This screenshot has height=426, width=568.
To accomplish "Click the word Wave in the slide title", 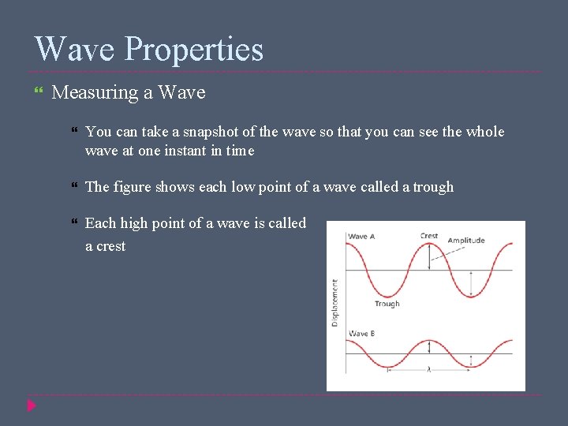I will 75,49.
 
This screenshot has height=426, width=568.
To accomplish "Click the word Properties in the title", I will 194,50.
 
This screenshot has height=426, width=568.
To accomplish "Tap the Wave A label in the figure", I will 362,237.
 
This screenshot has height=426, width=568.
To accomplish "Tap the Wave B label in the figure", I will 362,334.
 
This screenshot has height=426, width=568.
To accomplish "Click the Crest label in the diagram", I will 429,236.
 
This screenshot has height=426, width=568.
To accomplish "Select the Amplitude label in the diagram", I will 466,241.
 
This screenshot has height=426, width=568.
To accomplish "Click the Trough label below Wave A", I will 387,304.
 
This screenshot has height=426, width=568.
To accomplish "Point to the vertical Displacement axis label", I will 335,302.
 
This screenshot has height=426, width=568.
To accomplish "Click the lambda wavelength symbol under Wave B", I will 429,369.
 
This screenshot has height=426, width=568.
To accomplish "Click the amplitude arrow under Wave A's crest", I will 429,257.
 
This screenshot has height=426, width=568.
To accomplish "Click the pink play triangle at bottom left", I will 31,405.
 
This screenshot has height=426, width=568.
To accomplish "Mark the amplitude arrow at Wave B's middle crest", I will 429,347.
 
